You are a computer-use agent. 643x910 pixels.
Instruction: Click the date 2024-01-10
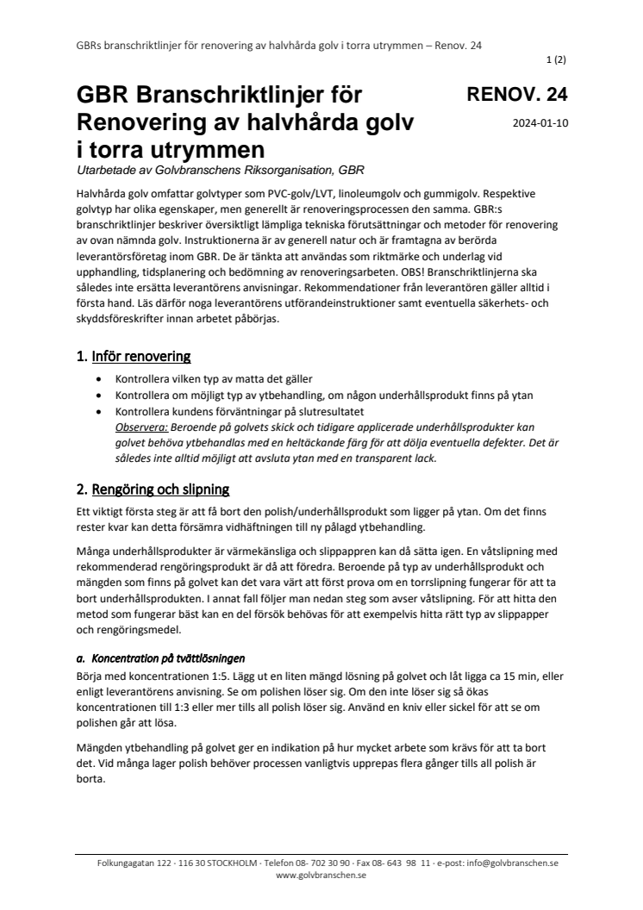pos(540,122)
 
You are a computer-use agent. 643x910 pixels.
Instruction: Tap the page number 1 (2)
pos(556,61)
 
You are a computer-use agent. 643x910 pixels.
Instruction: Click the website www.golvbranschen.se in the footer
pos(321,875)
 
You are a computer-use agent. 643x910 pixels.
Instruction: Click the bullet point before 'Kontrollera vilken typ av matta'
pos(104,380)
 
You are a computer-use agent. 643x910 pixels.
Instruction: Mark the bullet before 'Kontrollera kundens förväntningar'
pos(104,411)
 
